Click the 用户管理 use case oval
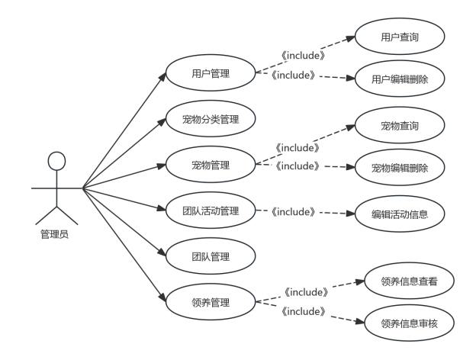coord(210,74)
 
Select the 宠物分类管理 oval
coord(210,120)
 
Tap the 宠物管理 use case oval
coord(210,165)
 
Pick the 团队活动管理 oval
coord(210,211)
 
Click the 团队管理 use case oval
coord(210,257)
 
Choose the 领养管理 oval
coord(210,303)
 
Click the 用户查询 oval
coord(400,37)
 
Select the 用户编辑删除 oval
coord(400,79)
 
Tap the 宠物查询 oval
coord(400,126)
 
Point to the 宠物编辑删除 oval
coord(400,168)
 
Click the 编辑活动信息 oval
coord(400,214)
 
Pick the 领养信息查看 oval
coord(410,281)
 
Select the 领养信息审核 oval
coord(410,324)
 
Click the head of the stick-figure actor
coord(56,161)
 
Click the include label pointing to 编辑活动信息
coord(293,212)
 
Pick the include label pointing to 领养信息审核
coord(304,311)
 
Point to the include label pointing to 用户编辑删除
coord(293,75)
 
